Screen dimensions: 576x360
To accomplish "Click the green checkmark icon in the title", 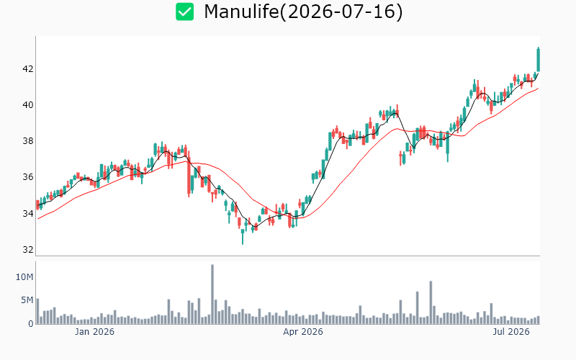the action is coord(184,12).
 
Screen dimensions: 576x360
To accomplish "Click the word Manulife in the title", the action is coord(241,12).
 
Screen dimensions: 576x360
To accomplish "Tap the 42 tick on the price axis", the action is coord(28,69).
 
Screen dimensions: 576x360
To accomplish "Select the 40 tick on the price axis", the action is coord(28,105).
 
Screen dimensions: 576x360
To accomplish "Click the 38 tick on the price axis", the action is coord(28,141).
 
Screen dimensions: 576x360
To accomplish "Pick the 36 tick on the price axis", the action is coord(28,177).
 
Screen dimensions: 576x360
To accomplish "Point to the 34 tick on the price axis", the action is coord(28,213).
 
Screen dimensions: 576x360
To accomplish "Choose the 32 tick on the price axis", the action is coord(28,249).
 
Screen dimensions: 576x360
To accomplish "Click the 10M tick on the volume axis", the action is coord(24,277).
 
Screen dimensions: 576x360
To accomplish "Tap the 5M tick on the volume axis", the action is coord(27,300).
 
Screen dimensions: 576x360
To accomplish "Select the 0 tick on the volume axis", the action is coord(31,323).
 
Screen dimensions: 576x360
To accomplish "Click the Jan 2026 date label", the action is coord(94,332).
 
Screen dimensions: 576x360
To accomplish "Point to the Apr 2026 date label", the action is coord(303,332).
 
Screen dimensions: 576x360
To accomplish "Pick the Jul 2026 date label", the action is coord(511,332).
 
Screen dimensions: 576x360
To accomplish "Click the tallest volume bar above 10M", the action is coord(212,294).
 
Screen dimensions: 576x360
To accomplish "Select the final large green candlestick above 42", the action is coord(538,59).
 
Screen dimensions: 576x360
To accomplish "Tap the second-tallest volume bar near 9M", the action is coord(431,302).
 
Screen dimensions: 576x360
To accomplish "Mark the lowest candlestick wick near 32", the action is coord(243,237).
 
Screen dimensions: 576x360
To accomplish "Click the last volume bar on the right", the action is coord(538,320).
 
